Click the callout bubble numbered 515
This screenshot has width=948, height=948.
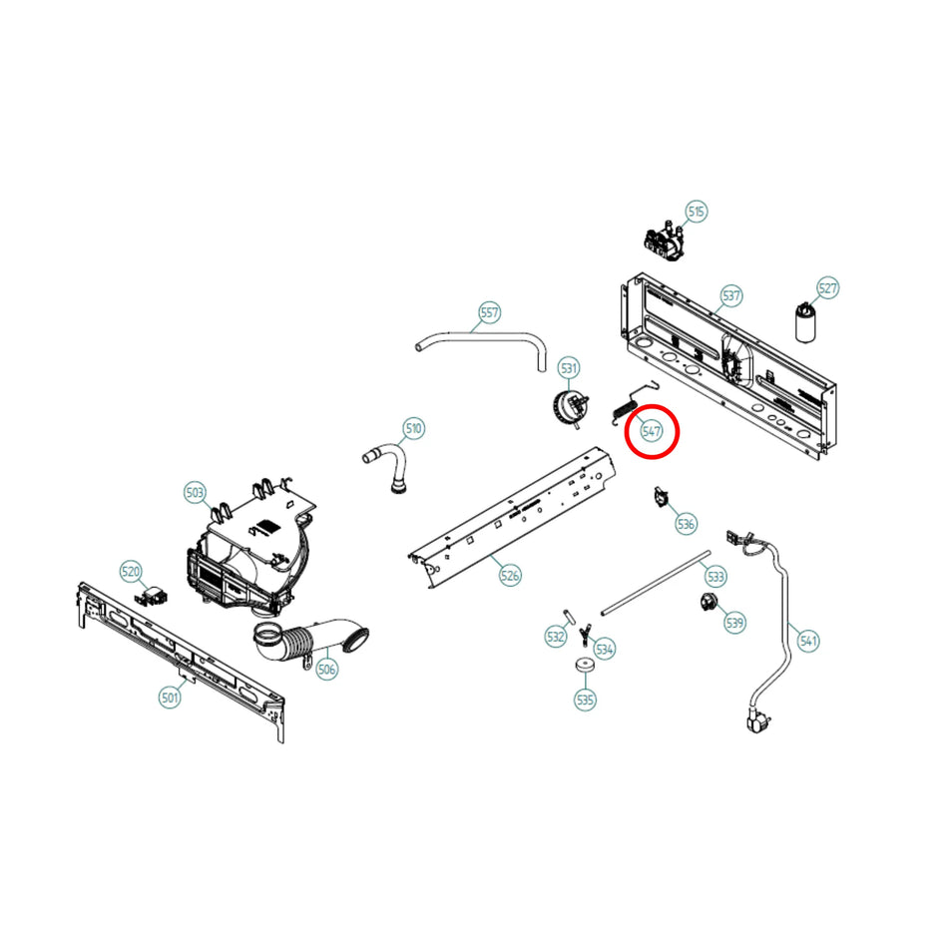(696, 212)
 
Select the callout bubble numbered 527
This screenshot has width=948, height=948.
(827, 288)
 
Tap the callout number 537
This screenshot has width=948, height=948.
(731, 296)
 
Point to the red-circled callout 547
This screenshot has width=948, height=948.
(652, 431)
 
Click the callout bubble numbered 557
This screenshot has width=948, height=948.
(489, 312)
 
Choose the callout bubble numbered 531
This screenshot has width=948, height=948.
(569, 368)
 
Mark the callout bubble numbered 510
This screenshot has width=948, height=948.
(413, 429)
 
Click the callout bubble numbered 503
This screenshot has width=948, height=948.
(196, 492)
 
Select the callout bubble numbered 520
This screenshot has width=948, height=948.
(131, 572)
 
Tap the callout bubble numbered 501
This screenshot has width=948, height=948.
(170, 698)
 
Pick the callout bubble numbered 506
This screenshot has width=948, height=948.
(326, 670)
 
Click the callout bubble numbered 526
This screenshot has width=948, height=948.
(510, 575)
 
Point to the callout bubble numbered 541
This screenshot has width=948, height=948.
(808, 641)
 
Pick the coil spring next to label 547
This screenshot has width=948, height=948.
(620, 409)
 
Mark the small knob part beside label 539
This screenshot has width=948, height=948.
(709, 601)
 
